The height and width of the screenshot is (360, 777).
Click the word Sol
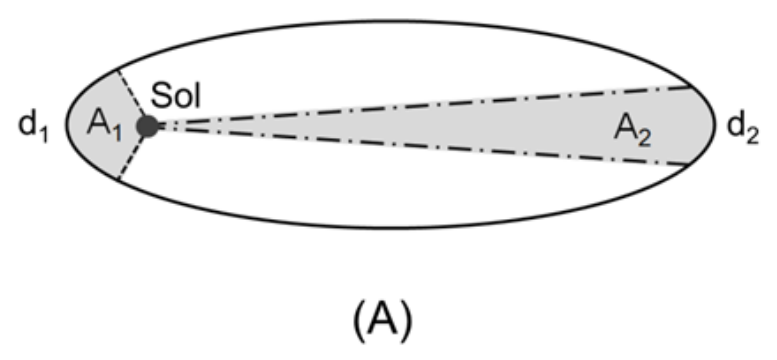coord(175,95)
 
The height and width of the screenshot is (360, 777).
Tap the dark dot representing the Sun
coord(148,126)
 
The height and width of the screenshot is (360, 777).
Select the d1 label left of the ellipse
coord(34,126)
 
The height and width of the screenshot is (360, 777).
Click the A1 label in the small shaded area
coord(104,124)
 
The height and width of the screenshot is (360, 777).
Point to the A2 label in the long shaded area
coord(632,130)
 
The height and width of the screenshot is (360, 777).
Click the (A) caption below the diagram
coord(383,320)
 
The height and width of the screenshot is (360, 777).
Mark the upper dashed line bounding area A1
coord(131,94)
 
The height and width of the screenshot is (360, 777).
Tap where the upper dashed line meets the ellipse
coord(116,71)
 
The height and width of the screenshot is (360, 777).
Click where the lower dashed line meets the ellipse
coord(118,179)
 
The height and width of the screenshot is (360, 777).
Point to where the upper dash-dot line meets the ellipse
coord(692,86)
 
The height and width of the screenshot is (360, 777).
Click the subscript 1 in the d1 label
coord(44,134)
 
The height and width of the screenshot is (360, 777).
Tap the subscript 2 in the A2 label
coord(644,138)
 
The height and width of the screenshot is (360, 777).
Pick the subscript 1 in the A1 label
coord(116,133)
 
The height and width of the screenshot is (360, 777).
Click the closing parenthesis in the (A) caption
coord(407,321)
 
